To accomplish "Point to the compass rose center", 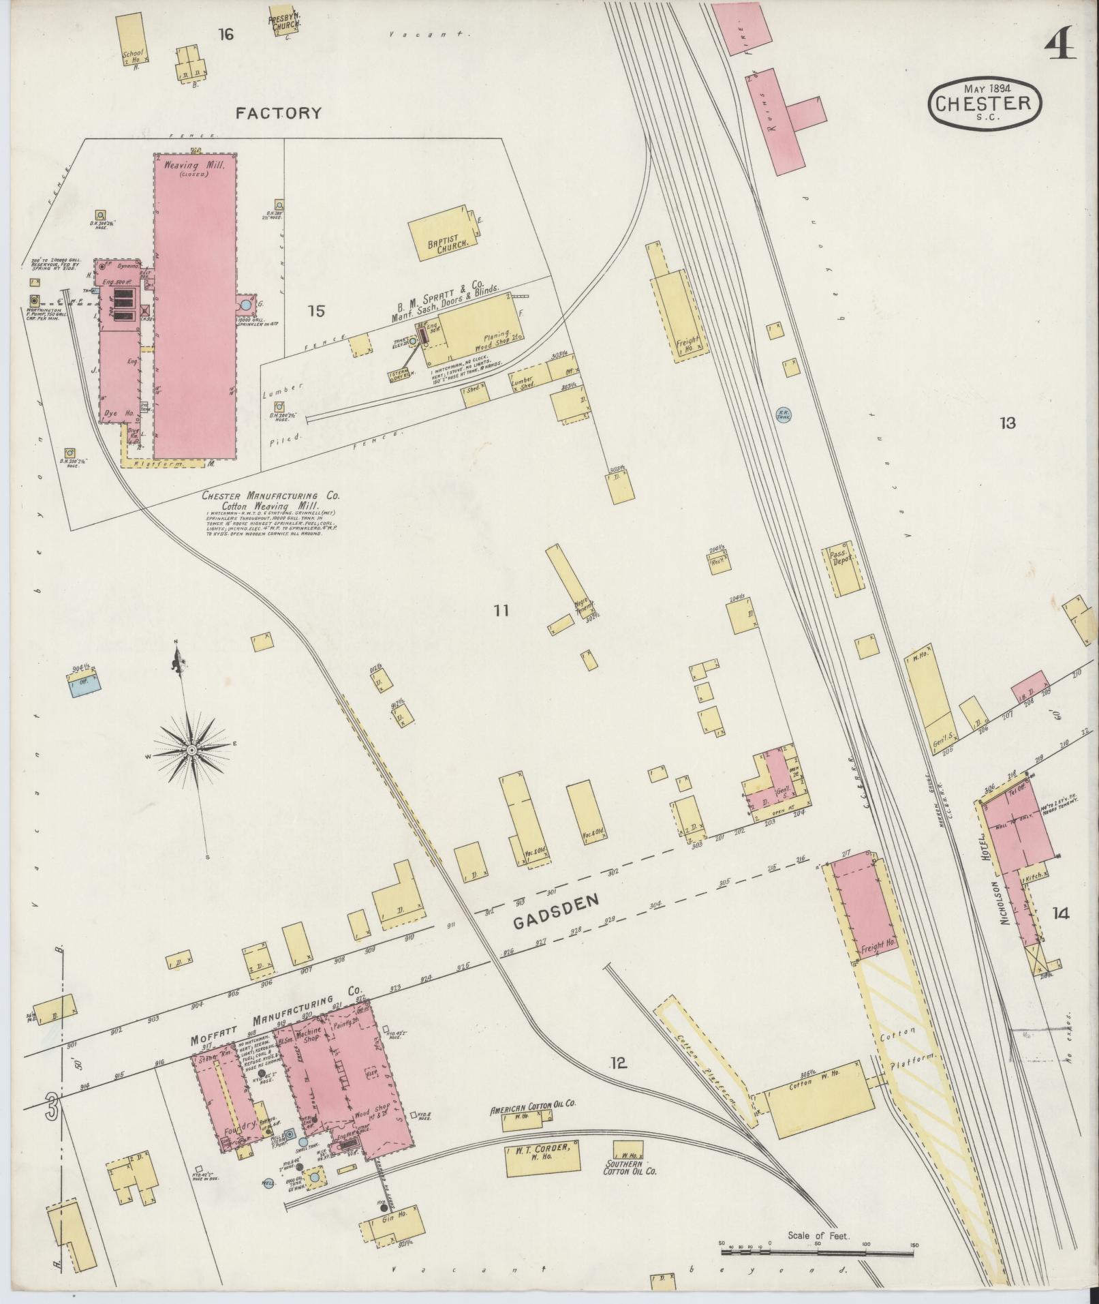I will [191, 749].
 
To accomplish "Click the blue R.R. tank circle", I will [784, 414].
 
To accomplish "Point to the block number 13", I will [1007, 423].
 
